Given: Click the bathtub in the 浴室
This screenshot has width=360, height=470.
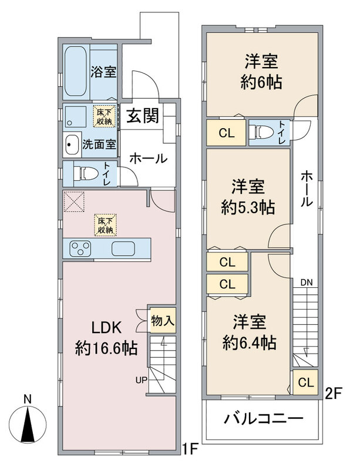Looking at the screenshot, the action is coord(75,71).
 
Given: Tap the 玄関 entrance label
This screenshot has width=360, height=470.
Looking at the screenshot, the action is coord(142,115).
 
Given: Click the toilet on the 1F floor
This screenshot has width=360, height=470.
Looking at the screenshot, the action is coord(86,174).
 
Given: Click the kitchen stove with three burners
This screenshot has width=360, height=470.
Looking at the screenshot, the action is coord(80,249).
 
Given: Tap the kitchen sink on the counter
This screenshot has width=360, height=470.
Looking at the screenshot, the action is coord(123,249).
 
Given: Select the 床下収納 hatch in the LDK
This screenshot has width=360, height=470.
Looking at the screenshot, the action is coord(105,225).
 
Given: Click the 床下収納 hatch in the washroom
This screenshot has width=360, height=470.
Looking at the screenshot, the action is coord(104,116).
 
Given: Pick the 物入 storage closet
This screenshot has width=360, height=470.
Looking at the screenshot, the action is coord(163,320).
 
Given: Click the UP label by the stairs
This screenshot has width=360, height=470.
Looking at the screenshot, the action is coord(141,380).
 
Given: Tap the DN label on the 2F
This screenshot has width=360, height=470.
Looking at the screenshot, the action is coord(307,282).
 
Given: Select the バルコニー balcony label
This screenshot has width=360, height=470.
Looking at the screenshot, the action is coord(264,418).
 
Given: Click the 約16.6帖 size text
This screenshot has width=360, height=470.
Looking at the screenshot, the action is coord(106,348).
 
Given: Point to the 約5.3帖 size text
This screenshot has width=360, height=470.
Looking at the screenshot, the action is coord(248,207).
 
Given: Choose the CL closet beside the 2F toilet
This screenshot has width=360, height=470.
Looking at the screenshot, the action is coord(227,133).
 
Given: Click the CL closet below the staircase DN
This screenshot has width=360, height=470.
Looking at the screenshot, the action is coord(305,382).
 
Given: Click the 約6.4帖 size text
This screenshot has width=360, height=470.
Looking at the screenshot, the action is coord(250,343).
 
